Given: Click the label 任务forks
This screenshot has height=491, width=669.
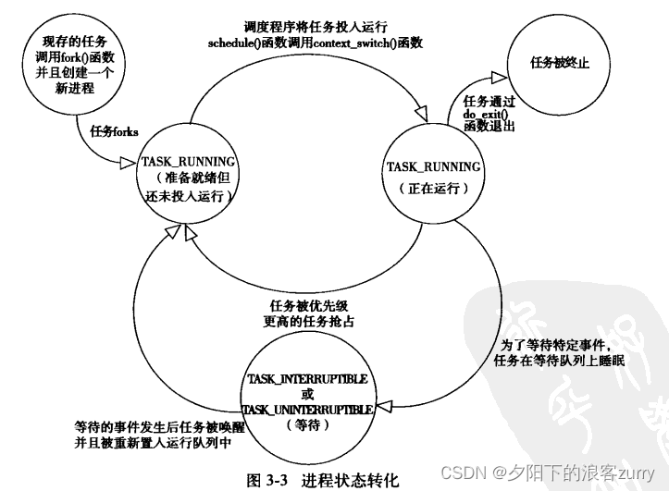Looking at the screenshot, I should (114, 131).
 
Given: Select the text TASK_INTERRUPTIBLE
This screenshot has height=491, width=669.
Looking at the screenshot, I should (307, 379).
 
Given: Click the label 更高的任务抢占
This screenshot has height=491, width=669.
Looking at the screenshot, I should (309, 322).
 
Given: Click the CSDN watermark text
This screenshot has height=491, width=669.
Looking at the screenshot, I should (463, 472).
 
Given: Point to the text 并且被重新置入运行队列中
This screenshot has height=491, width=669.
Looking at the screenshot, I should (154, 443).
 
